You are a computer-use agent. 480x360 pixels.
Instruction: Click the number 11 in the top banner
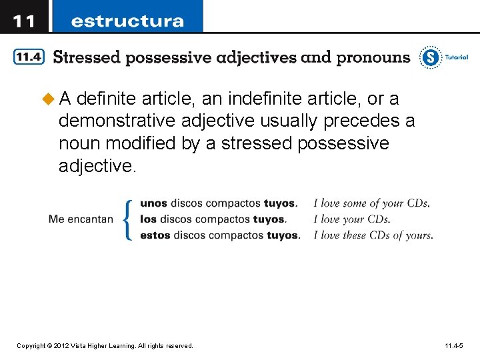point(24,21)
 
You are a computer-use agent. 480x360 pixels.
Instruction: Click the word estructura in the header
point(127,21)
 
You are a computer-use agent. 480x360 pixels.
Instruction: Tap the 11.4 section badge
point(29,57)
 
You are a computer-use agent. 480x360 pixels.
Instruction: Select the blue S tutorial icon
point(431,58)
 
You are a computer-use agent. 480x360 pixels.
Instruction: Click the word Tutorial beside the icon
point(457,57)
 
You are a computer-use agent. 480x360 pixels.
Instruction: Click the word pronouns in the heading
point(373,57)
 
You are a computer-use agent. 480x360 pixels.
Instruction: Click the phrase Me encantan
point(81,219)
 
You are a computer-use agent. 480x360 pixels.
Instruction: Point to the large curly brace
point(128,219)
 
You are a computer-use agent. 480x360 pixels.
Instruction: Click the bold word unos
point(153,203)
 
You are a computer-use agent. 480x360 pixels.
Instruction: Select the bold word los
point(148,219)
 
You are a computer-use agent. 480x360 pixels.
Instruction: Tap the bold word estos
point(155,235)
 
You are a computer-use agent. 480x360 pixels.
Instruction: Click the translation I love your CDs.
point(351,219)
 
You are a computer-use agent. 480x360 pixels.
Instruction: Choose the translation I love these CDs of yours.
point(373,235)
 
